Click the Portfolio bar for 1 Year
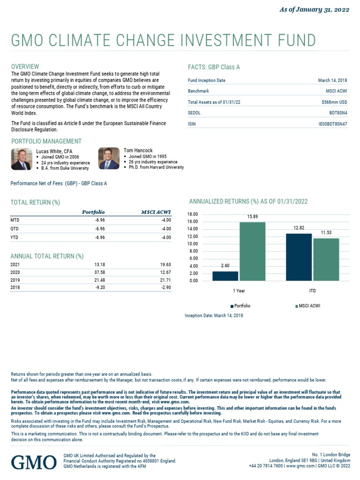(225, 276)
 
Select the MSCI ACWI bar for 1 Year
(252, 251)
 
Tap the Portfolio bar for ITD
(299, 257)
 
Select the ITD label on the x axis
(312, 291)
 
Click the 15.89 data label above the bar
(252, 217)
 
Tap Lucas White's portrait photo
(21, 158)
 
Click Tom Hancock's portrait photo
(109, 158)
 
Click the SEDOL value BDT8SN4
(338, 113)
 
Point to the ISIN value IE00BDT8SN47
(333, 124)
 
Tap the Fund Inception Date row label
(206, 81)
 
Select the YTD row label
(15, 237)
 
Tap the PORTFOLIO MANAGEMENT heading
(46, 141)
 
